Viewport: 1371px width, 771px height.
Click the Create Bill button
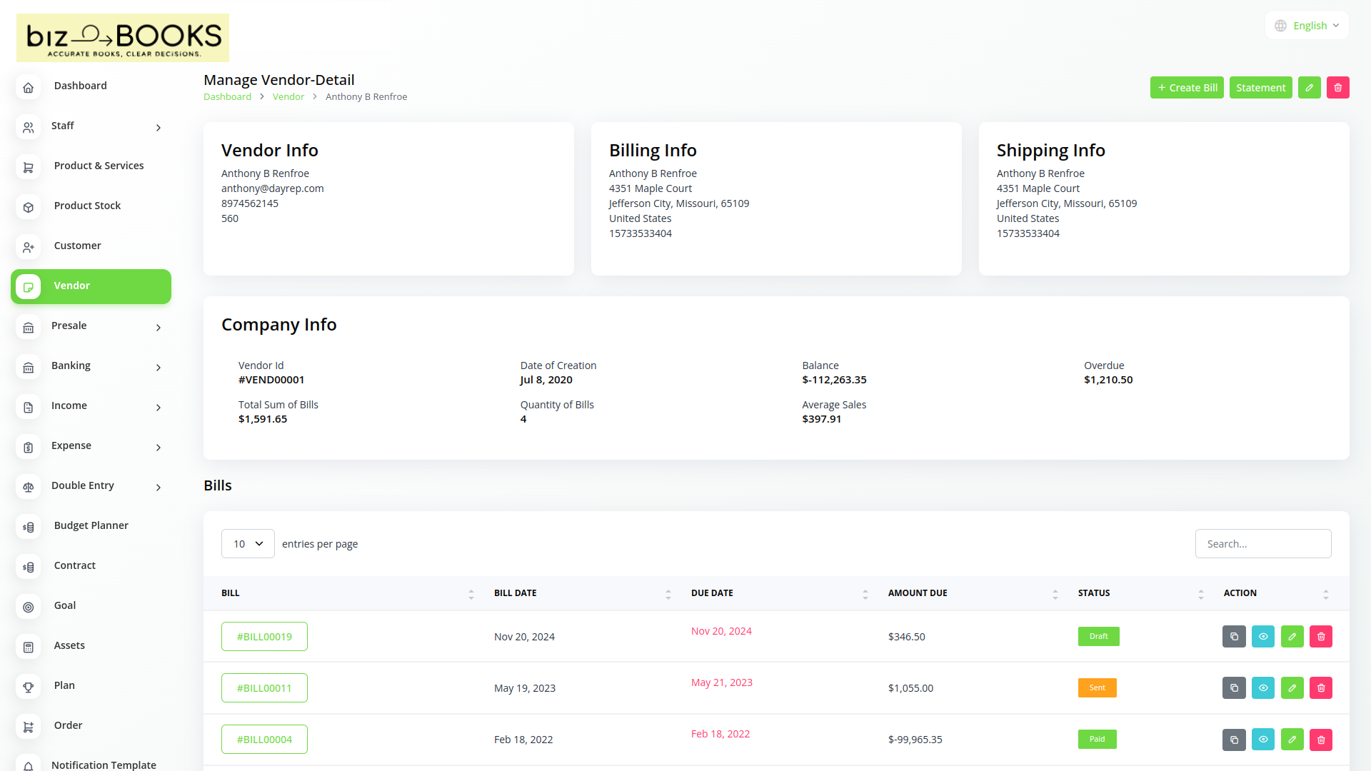(1187, 88)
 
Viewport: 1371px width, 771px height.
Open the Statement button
(1260, 88)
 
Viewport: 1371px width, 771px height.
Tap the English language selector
(1307, 26)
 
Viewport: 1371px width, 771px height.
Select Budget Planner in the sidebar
(91, 525)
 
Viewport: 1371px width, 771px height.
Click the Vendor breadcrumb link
(288, 97)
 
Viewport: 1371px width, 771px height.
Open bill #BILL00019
(264, 637)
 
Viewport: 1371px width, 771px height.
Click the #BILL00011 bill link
(264, 688)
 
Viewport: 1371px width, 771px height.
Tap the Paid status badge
(1097, 740)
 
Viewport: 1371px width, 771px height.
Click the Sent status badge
(1097, 688)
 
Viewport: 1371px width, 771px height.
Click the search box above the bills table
(1262, 544)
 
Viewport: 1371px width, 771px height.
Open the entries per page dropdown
(248, 544)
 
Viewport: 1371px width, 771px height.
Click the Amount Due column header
(918, 593)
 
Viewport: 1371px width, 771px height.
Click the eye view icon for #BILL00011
(1262, 688)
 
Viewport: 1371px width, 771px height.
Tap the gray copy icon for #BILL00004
(1234, 740)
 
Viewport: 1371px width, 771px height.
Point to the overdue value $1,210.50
(1108, 380)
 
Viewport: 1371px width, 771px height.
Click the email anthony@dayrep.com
(272, 188)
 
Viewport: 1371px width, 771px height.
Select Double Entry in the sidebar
(83, 485)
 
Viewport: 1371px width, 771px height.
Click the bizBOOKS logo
(123, 38)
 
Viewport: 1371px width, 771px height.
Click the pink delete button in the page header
(1337, 88)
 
